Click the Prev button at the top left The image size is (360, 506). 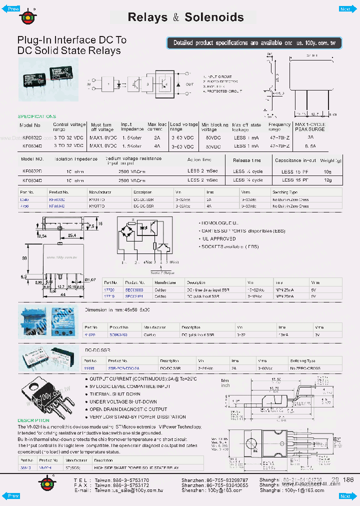pyautogui.click(x=13, y=9)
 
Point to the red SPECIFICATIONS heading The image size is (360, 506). pyautogui.click(x=37, y=116)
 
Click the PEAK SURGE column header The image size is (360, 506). pyautogui.click(x=309, y=129)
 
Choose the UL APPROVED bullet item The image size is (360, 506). pyautogui.click(x=218, y=239)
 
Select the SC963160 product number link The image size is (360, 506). pyautogui.click(x=132, y=334)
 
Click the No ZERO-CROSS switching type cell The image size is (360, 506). pyautogui.click(x=305, y=367)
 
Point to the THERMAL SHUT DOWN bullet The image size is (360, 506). pyautogui.click(x=115, y=394)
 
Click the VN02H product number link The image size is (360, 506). pyautogui.click(x=45, y=467)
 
